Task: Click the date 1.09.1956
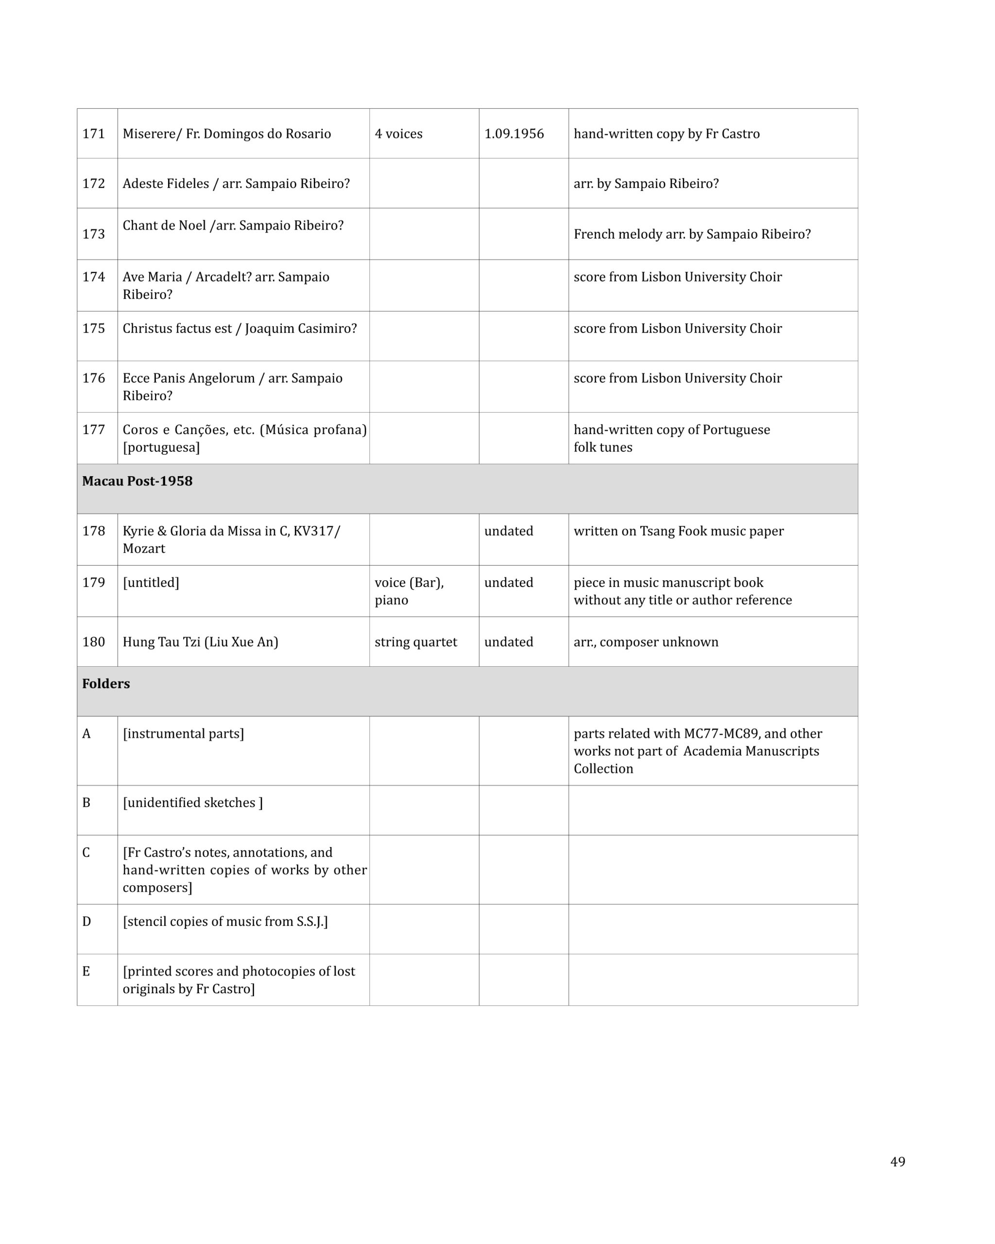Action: click(514, 134)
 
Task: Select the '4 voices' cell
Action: click(398, 134)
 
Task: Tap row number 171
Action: click(93, 134)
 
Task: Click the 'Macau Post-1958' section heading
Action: click(137, 481)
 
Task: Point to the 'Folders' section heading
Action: click(106, 684)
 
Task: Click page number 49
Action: click(897, 1161)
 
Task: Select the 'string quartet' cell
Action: click(415, 642)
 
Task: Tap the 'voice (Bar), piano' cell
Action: click(409, 591)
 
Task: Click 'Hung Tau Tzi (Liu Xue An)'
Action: click(200, 642)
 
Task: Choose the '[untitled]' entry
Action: click(151, 583)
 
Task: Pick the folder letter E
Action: click(86, 972)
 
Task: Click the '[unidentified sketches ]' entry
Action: click(193, 803)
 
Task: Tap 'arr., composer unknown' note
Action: click(646, 642)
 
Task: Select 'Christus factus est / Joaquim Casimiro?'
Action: click(240, 329)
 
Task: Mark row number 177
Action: click(93, 430)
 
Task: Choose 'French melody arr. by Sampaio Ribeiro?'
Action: click(692, 234)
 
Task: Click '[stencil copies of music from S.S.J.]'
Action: click(225, 922)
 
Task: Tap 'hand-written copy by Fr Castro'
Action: click(666, 134)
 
